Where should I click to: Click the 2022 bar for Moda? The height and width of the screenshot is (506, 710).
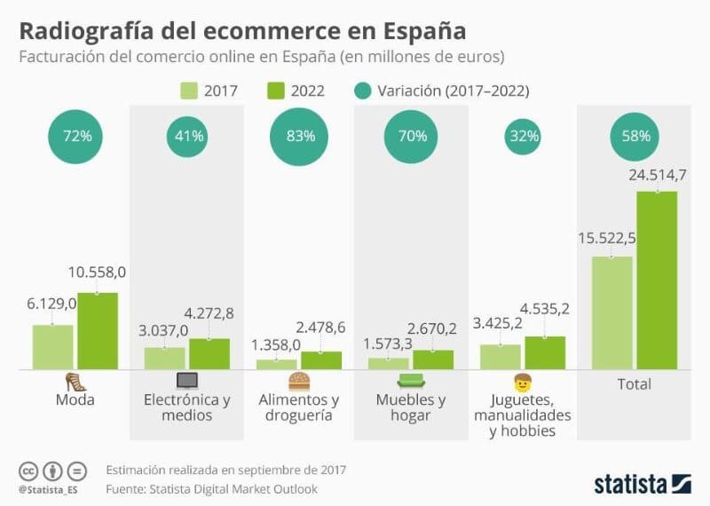coord(97,330)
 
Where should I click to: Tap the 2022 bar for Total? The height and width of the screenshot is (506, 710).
coord(656,280)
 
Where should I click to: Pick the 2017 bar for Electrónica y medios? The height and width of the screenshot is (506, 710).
coord(164,358)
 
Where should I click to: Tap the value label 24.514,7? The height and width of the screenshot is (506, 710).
coord(657,174)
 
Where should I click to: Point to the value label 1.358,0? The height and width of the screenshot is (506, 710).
coord(276,344)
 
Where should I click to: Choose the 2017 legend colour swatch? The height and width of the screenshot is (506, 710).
coord(189,91)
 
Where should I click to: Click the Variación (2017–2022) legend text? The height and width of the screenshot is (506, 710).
coord(453,91)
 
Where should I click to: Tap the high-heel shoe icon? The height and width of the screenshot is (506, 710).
coord(75,382)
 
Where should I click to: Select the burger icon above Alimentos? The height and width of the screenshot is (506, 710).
coord(298,382)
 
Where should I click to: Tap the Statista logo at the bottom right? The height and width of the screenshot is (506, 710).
coord(642,484)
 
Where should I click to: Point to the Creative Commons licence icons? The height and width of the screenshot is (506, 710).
coord(52,470)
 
